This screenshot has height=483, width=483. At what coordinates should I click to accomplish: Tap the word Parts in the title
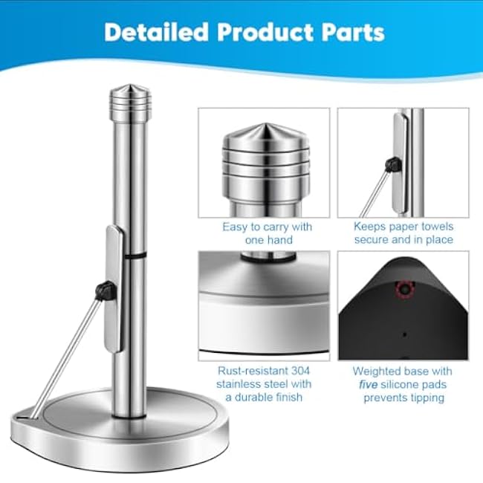[x=353, y=32]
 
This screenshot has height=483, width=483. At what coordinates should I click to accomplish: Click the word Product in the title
[x=265, y=32]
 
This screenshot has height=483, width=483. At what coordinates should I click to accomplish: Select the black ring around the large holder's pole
[x=135, y=256]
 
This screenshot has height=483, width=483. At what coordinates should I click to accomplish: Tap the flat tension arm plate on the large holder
[x=114, y=289]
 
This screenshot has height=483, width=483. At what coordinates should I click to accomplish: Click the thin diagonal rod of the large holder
[x=66, y=359]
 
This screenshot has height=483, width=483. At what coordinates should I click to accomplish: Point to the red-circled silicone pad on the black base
[x=404, y=289]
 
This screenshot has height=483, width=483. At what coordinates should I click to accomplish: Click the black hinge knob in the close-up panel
[x=394, y=164]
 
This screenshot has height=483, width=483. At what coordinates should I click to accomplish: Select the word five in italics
[x=369, y=384]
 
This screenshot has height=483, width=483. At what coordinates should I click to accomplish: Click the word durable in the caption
[x=256, y=397]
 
